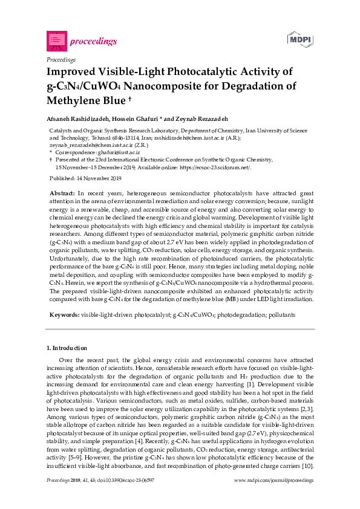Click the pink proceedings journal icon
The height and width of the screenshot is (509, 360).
click(x=56, y=41)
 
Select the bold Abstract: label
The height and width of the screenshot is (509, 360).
click(x=62, y=192)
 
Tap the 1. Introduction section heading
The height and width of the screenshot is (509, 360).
click(x=67, y=348)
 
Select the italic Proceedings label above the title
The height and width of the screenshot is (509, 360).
click(x=61, y=60)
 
